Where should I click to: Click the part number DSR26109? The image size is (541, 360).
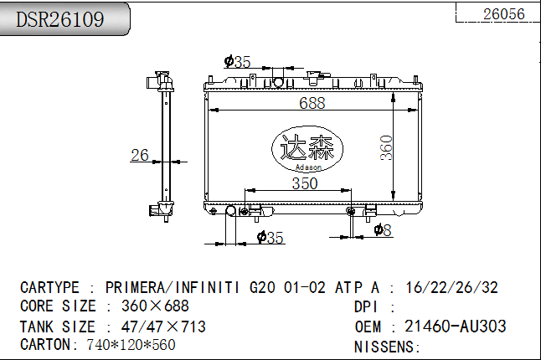[60, 19]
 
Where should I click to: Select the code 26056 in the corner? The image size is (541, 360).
[504, 13]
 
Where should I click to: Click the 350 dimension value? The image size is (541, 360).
[304, 184]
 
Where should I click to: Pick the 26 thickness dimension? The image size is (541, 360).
[139, 155]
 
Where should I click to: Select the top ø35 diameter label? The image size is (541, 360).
[238, 61]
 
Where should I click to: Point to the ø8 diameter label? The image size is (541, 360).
[383, 229]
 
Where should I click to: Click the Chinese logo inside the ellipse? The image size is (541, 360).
[307, 148]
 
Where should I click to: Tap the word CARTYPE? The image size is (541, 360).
[49, 287]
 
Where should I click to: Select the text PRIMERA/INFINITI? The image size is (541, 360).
[176, 287]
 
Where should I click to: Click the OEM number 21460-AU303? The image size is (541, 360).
[455, 327]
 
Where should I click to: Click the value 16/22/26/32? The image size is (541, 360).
[451, 287]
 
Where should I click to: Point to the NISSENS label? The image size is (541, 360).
[387, 346]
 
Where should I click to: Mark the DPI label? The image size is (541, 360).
[368, 306]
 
